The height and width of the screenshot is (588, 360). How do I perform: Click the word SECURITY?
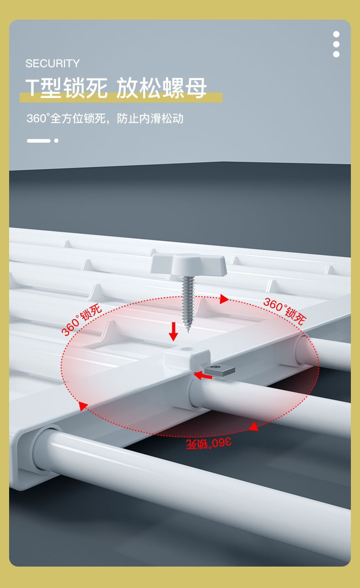52,63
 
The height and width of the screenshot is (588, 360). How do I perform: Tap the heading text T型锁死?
67,88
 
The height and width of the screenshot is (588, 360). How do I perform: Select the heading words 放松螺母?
162,88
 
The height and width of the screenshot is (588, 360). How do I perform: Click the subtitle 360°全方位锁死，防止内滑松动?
105,119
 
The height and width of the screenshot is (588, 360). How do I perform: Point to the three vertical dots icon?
336,44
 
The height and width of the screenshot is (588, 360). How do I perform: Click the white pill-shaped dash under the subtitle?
38,140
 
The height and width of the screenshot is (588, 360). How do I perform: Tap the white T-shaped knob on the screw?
189,265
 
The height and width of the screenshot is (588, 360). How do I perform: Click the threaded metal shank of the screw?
188,301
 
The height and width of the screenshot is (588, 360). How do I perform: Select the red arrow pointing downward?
173,331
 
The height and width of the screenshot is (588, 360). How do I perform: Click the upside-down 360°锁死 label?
208,443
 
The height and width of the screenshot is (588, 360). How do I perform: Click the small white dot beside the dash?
56,140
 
